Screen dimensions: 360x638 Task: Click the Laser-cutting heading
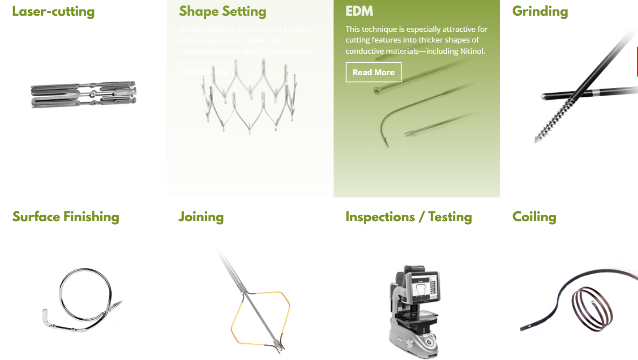pyautogui.click(x=53, y=11)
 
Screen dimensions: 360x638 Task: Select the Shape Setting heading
pyautogui.click(x=223, y=11)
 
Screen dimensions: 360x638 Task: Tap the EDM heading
pyautogui.click(x=359, y=11)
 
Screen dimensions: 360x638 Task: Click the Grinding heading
pyautogui.click(x=540, y=11)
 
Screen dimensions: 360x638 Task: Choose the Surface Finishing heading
pyautogui.click(x=66, y=217)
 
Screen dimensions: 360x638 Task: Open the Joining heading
pyautogui.click(x=201, y=217)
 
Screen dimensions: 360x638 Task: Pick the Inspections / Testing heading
pyautogui.click(x=408, y=217)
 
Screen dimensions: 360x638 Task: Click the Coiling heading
pyautogui.click(x=534, y=217)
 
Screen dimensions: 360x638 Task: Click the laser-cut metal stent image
pyautogui.click(x=84, y=94)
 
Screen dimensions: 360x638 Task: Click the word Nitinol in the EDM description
pyautogui.click(x=472, y=51)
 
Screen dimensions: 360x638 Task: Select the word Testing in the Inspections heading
pyautogui.click(x=450, y=217)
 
